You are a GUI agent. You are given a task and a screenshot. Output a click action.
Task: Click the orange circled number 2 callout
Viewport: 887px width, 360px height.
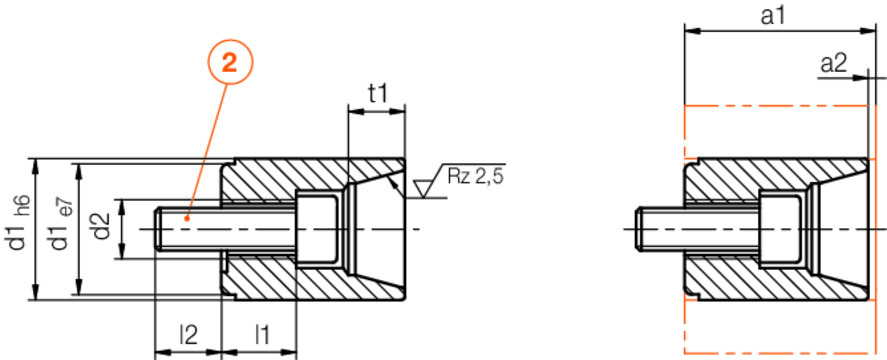coord(229,64)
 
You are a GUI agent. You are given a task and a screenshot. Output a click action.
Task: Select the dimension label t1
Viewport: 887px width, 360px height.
coord(377,93)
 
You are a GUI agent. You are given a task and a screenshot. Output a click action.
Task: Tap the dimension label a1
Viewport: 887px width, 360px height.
coord(772,16)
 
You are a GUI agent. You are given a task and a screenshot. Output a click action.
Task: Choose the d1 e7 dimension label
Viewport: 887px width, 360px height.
coord(61,225)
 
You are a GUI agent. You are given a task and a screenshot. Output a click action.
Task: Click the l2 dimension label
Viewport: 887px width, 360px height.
coord(188,335)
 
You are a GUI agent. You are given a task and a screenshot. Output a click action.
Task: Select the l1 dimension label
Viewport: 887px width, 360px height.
coord(261,335)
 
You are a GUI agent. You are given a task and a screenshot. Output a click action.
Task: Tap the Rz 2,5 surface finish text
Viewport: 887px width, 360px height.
coord(475,176)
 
